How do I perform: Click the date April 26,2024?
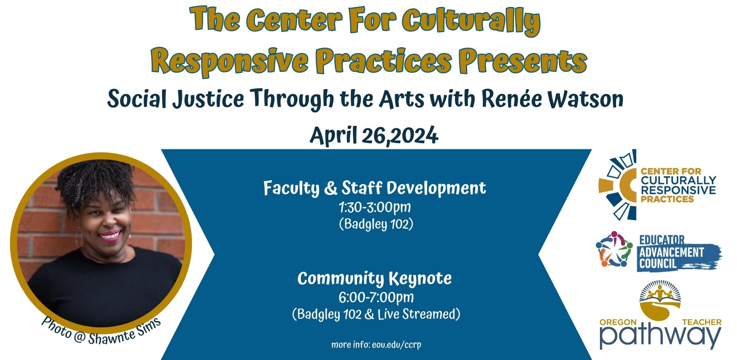click(x=374, y=135)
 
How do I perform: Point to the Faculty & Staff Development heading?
click(x=375, y=188)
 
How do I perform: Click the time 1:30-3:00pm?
click(x=375, y=207)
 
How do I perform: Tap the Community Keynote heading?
click(x=375, y=279)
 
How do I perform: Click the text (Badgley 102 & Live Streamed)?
click(x=376, y=314)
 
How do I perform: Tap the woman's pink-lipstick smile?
click(x=110, y=235)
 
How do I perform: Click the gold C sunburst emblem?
click(x=617, y=185)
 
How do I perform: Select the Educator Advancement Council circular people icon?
click(x=614, y=249)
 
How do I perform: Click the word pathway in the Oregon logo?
click(x=661, y=337)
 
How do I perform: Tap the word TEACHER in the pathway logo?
click(x=702, y=322)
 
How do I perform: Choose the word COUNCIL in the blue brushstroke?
click(x=658, y=264)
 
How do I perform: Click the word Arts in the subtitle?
click(x=402, y=99)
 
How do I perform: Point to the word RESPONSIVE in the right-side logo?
click(x=678, y=190)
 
